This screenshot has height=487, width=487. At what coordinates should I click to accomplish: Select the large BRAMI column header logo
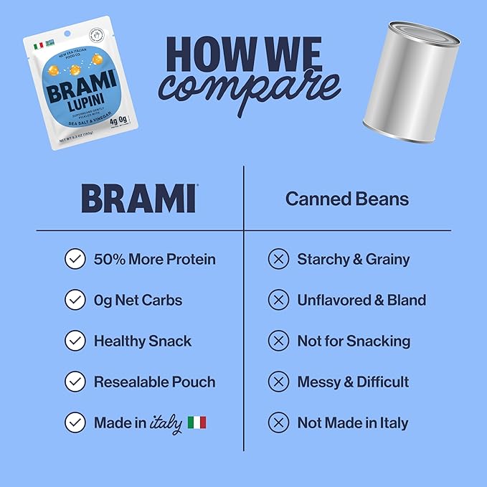point(138,198)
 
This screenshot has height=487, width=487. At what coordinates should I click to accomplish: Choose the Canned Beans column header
point(347,199)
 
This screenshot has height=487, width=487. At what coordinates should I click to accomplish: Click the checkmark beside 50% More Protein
point(75,259)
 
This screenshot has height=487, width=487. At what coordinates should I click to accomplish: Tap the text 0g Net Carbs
point(138,300)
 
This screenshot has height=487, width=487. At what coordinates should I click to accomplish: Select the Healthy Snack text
point(143,341)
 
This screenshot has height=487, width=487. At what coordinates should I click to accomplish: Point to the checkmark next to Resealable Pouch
point(75,382)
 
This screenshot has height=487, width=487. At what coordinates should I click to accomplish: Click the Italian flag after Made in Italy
point(197,422)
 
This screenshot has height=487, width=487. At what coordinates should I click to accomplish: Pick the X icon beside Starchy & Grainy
point(278,259)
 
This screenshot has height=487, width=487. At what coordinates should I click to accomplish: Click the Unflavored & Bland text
point(361,300)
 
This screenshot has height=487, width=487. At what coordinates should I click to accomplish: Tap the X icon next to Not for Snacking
point(278,341)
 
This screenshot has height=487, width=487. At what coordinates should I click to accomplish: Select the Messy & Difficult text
point(353,382)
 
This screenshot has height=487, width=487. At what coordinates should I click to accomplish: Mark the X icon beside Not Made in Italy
point(278,422)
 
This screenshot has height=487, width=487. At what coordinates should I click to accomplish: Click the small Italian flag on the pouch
point(39,45)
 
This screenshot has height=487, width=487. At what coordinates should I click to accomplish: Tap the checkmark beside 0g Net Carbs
point(75,300)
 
